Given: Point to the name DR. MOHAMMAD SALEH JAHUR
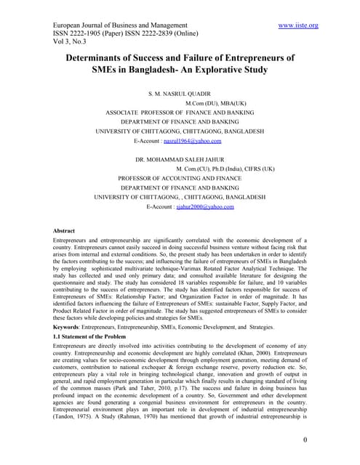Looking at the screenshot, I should click(x=180, y=158).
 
